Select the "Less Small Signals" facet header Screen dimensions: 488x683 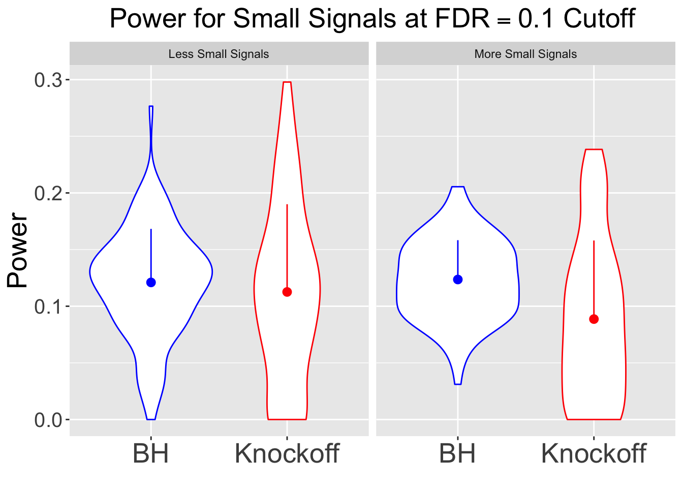click(219, 54)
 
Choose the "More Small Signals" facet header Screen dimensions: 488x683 click(525, 54)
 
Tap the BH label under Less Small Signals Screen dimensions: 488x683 click(150, 453)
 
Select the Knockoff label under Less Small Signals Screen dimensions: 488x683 click(287, 453)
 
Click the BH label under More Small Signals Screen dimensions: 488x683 click(457, 453)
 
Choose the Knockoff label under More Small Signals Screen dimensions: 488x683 click(594, 453)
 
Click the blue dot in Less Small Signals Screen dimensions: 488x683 click(151, 283)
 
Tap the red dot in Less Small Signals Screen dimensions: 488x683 click(287, 292)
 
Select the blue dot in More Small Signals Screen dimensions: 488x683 click(458, 280)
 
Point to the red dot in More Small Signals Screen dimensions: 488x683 click(594, 319)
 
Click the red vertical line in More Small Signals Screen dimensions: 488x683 click(594, 274)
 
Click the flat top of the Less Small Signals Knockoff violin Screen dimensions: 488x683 click(287, 82)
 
